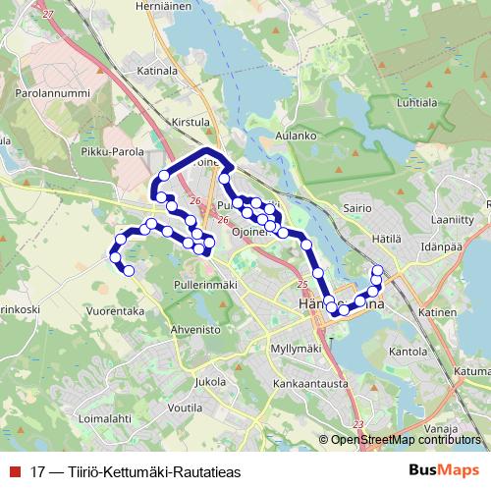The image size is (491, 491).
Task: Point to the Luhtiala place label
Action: click(x=415, y=101)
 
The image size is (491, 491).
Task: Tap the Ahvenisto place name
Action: click(x=195, y=330)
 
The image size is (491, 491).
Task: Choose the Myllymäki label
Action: click(x=296, y=350)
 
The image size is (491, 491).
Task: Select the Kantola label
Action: click(x=408, y=350)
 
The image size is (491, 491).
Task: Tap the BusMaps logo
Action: click(x=443, y=470)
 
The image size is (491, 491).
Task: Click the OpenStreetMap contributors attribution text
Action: click(x=406, y=440)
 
